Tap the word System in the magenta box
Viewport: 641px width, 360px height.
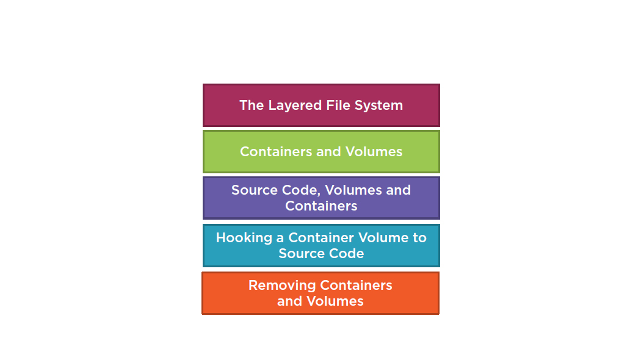(380, 106)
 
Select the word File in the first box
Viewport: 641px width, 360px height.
(339, 106)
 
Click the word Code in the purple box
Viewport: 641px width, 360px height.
(292, 190)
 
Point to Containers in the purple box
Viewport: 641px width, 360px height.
(321, 206)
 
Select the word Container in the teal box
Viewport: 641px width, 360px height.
(317, 238)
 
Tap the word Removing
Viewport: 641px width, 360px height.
(281, 286)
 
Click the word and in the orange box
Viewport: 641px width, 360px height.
(289, 301)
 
